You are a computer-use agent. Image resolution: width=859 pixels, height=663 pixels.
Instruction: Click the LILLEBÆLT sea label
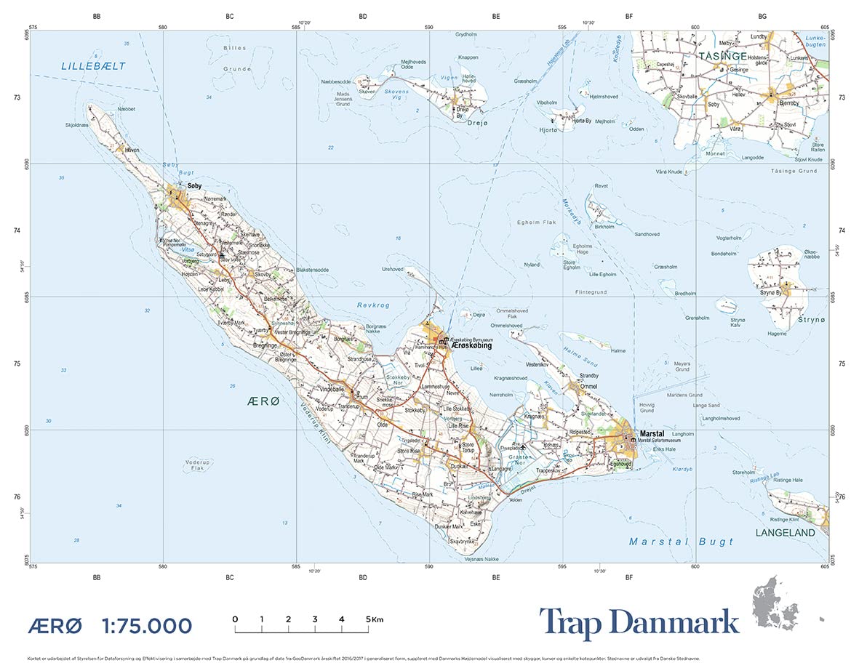coord(93,66)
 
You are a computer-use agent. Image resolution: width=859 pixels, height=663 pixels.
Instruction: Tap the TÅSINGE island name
coord(722,55)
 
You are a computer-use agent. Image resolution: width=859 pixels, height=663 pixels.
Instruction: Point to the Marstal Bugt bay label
coord(681,542)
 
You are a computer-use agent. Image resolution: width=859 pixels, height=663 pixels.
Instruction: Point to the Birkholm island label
coord(604,227)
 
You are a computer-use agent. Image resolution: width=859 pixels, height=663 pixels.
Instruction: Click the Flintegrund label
coord(591,292)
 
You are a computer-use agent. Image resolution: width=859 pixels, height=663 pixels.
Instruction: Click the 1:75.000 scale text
coord(147,625)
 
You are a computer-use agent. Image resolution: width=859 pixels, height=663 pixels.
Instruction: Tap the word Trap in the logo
coord(575,623)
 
